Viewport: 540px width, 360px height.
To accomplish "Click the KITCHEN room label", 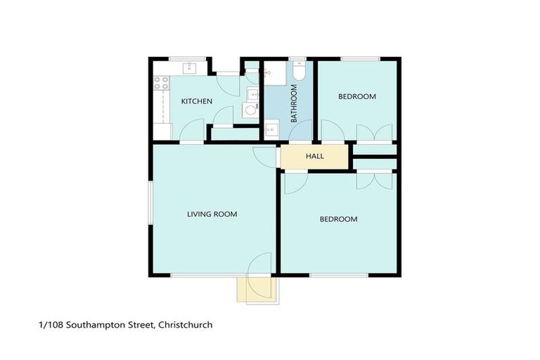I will click(x=197, y=102).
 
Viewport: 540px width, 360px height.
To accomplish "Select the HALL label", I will click(x=315, y=156).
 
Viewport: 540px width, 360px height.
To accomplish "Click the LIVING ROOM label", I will click(x=212, y=214).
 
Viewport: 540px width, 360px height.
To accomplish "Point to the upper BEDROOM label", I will click(x=356, y=97).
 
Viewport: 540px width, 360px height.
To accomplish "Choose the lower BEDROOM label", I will click(x=338, y=219).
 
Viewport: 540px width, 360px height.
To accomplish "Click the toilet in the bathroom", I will click(x=298, y=71).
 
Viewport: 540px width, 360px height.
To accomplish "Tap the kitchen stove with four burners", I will click(x=162, y=85).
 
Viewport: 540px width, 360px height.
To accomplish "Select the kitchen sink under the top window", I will click(x=189, y=68).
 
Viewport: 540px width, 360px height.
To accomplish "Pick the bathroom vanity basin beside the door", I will click(x=271, y=130).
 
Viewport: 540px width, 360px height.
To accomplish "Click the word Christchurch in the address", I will click(x=186, y=325).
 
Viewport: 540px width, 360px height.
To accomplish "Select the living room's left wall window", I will click(x=149, y=204).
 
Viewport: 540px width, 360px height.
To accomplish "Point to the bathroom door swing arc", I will click(x=300, y=131).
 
